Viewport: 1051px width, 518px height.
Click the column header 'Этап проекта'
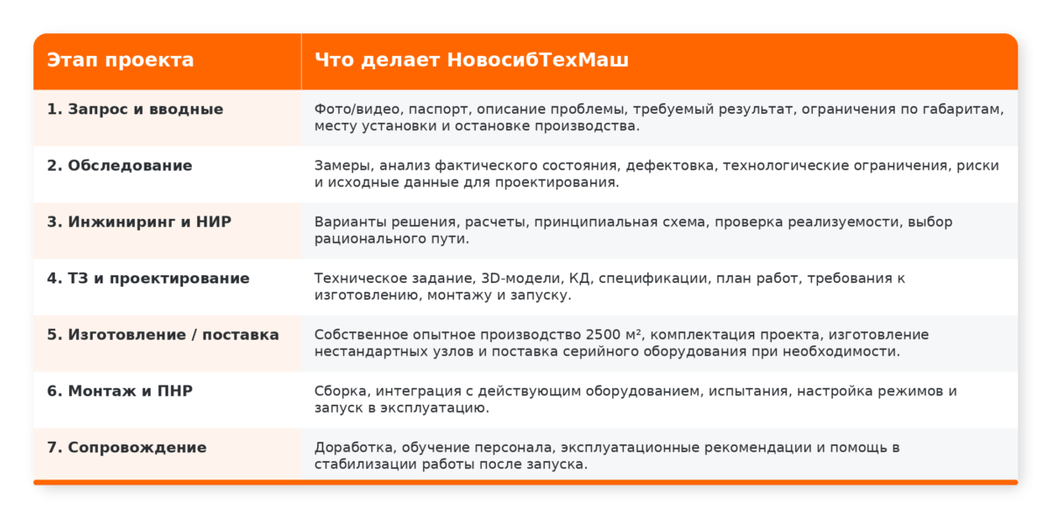(120, 60)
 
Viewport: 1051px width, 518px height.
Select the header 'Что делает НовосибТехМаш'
(471, 60)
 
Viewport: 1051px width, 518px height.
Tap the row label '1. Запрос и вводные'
(135, 110)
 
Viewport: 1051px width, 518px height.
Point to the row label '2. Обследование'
(120, 166)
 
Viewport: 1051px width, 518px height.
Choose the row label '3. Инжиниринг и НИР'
(139, 222)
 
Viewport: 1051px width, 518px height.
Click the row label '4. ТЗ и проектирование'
(148, 279)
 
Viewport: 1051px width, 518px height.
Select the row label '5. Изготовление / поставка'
(163, 335)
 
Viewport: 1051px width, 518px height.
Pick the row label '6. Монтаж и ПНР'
(120, 391)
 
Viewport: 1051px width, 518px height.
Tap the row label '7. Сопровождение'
(127, 448)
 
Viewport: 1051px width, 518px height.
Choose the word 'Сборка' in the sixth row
(342, 391)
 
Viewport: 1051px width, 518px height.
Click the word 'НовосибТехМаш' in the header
(537, 60)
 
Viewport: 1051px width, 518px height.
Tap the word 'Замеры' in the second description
(344, 166)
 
